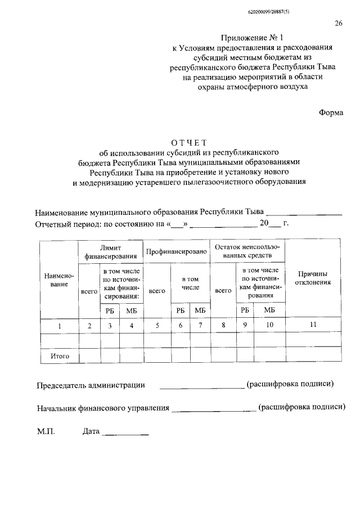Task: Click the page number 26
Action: [339, 23]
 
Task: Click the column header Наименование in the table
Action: [59, 280]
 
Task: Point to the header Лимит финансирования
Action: [111, 251]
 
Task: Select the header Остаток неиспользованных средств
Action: [247, 251]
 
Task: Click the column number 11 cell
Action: [313, 325]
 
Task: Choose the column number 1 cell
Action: [59, 325]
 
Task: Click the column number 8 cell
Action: [223, 325]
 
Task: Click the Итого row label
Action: [59, 356]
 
